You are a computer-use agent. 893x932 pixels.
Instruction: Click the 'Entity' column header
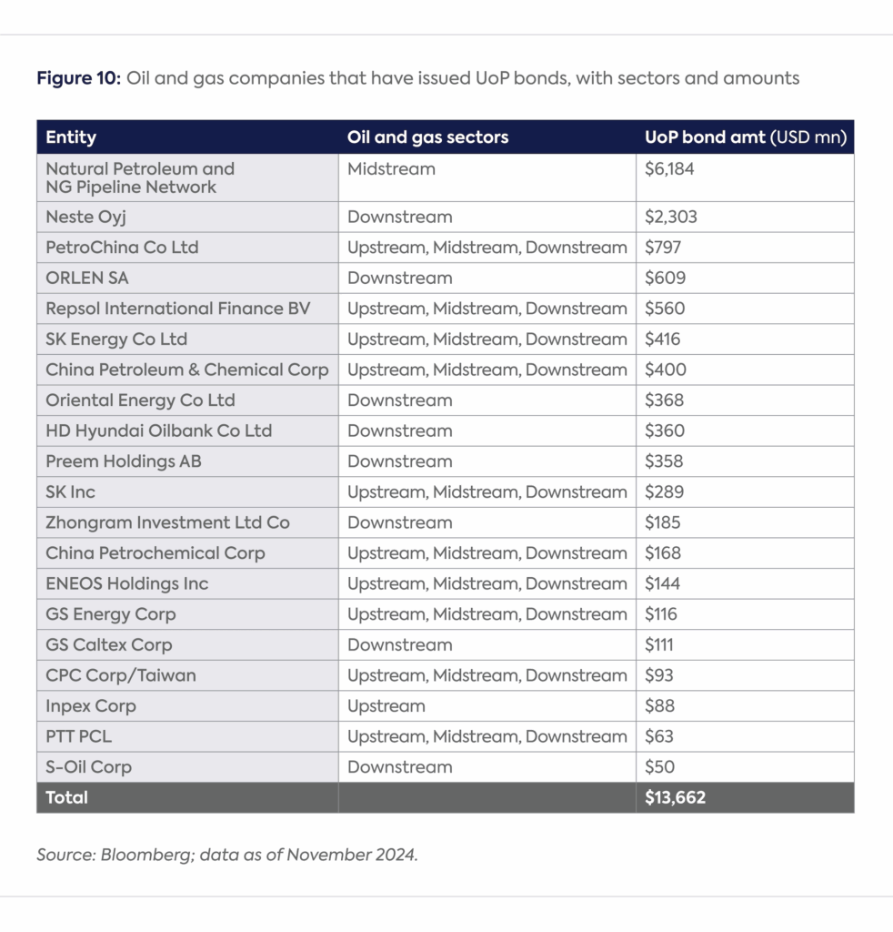71,137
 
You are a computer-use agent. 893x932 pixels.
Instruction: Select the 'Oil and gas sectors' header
427,137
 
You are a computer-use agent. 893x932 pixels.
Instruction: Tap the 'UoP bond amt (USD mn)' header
745,137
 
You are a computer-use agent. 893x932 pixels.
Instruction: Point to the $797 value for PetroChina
663,248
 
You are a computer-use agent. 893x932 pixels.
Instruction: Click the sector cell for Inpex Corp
386,705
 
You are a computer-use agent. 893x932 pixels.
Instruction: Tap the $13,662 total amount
675,797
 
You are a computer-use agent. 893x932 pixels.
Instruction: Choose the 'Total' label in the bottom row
67,797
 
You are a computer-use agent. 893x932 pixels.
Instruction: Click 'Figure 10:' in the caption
78,78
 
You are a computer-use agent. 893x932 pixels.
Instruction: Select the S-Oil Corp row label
88,766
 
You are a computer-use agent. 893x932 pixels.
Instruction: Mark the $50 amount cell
660,766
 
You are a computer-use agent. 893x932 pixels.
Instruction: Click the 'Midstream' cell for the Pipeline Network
391,168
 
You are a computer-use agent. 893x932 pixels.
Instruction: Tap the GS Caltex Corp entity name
109,644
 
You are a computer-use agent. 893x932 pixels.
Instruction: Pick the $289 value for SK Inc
663,491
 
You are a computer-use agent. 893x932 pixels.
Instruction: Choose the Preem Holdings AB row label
124,461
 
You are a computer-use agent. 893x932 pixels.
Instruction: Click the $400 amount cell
665,370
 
